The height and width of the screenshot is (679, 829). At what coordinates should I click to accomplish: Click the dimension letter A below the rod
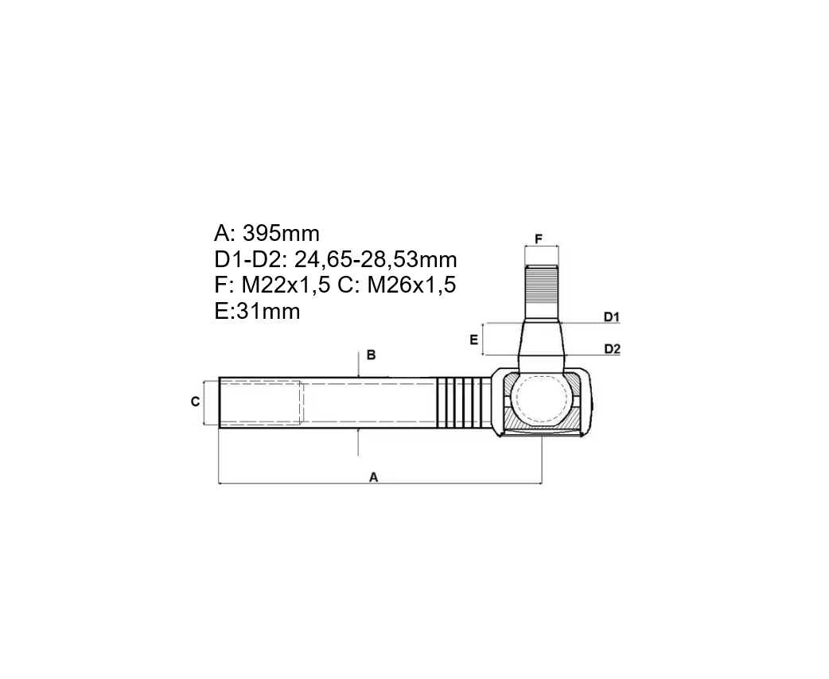[x=374, y=477]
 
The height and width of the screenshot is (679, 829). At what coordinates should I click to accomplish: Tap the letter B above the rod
[x=372, y=355]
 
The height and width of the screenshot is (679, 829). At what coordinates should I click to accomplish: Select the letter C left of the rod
[x=195, y=402]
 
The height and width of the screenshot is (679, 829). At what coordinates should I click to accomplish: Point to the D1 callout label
[x=612, y=316]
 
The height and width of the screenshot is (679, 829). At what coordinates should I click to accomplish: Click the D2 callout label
[x=612, y=349]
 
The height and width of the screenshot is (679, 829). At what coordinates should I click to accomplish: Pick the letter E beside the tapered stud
[x=473, y=339]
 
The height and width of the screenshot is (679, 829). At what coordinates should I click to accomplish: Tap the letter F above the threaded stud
[x=539, y=239]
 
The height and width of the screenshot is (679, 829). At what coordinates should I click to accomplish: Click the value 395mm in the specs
[x=282, y=233]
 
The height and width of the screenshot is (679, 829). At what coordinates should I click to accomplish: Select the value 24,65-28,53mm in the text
[x=376, y=259]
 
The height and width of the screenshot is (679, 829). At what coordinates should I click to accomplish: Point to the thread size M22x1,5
[x=286, y=285]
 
